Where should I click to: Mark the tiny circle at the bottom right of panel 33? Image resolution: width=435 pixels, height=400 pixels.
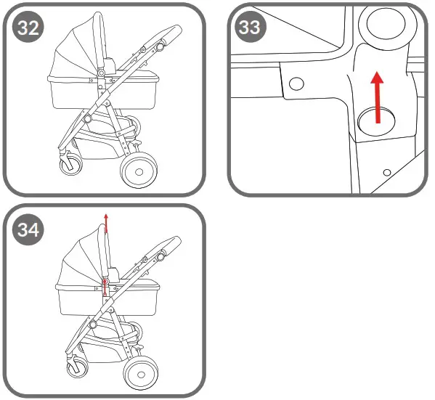(386, 171)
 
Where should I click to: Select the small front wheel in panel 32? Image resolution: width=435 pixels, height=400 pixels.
(69, 165)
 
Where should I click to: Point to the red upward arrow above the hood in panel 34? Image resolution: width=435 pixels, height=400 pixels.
(106, 221)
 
